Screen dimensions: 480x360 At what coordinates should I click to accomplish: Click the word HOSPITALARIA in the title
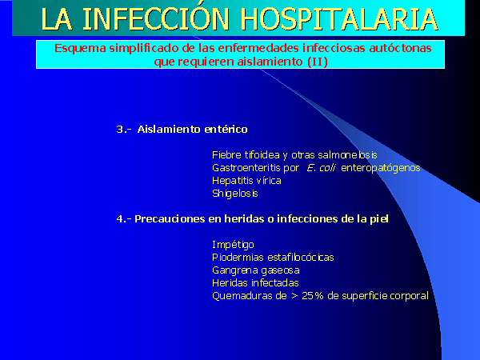click(x=339, y=19)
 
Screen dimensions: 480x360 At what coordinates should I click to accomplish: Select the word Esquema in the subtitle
click(x=80, y=49)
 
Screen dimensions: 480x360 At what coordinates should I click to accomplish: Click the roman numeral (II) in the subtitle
click(x=318, y=62)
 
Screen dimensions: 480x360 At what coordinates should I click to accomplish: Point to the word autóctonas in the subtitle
click(x=401, y=48)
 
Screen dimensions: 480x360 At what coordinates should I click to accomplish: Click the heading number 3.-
click(x=124, y=130)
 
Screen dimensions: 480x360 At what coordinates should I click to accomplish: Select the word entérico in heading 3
click(x=226, y=129)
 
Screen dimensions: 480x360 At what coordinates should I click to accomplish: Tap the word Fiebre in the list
click(x=226, y=155)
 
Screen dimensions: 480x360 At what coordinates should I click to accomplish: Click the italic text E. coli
click(x=321, y=168)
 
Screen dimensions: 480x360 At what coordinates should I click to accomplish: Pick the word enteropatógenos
click(x=381, y=168)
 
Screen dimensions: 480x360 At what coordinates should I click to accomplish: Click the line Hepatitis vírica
click(x=246, y=181)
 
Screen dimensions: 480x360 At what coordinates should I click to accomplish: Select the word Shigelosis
click(x=235, y=194)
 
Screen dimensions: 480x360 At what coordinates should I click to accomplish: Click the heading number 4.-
click(x=124, y=219)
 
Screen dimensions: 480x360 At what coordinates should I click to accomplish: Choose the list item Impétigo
click(x=233, y=245)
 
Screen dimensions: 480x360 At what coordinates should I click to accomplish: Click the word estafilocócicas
click(x=301, y=258)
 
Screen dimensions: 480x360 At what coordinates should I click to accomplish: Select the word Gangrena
click(x=234, y=270)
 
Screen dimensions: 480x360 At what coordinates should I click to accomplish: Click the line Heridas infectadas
click(x=255, y=283)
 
